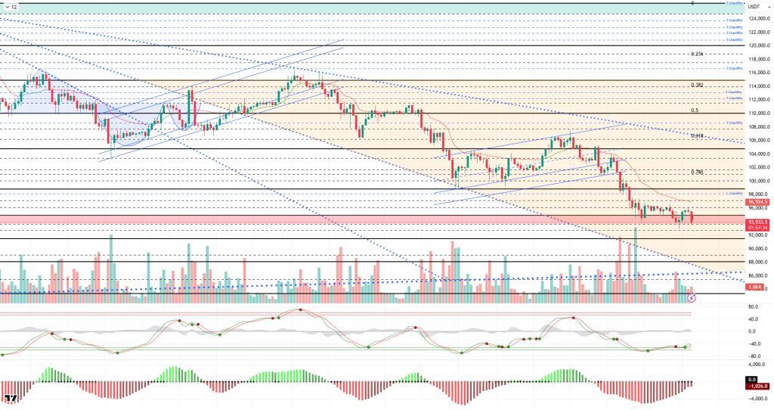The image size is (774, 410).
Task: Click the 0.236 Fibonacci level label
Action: [x=697, y=54]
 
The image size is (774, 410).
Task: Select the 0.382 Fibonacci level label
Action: [x=697, y=85]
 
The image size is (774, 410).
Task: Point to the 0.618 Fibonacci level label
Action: [x=697, y=135]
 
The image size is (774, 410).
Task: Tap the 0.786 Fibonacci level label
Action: [x=697, y=172]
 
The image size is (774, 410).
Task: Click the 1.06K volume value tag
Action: [x=754, y=287]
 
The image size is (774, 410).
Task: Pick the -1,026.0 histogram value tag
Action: [x=757, y=384]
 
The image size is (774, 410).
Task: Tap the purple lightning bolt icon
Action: [x=691, y=298]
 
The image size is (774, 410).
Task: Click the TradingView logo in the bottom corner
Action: [x=11, y=399]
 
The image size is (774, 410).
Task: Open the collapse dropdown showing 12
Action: [x=11, y=6]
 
